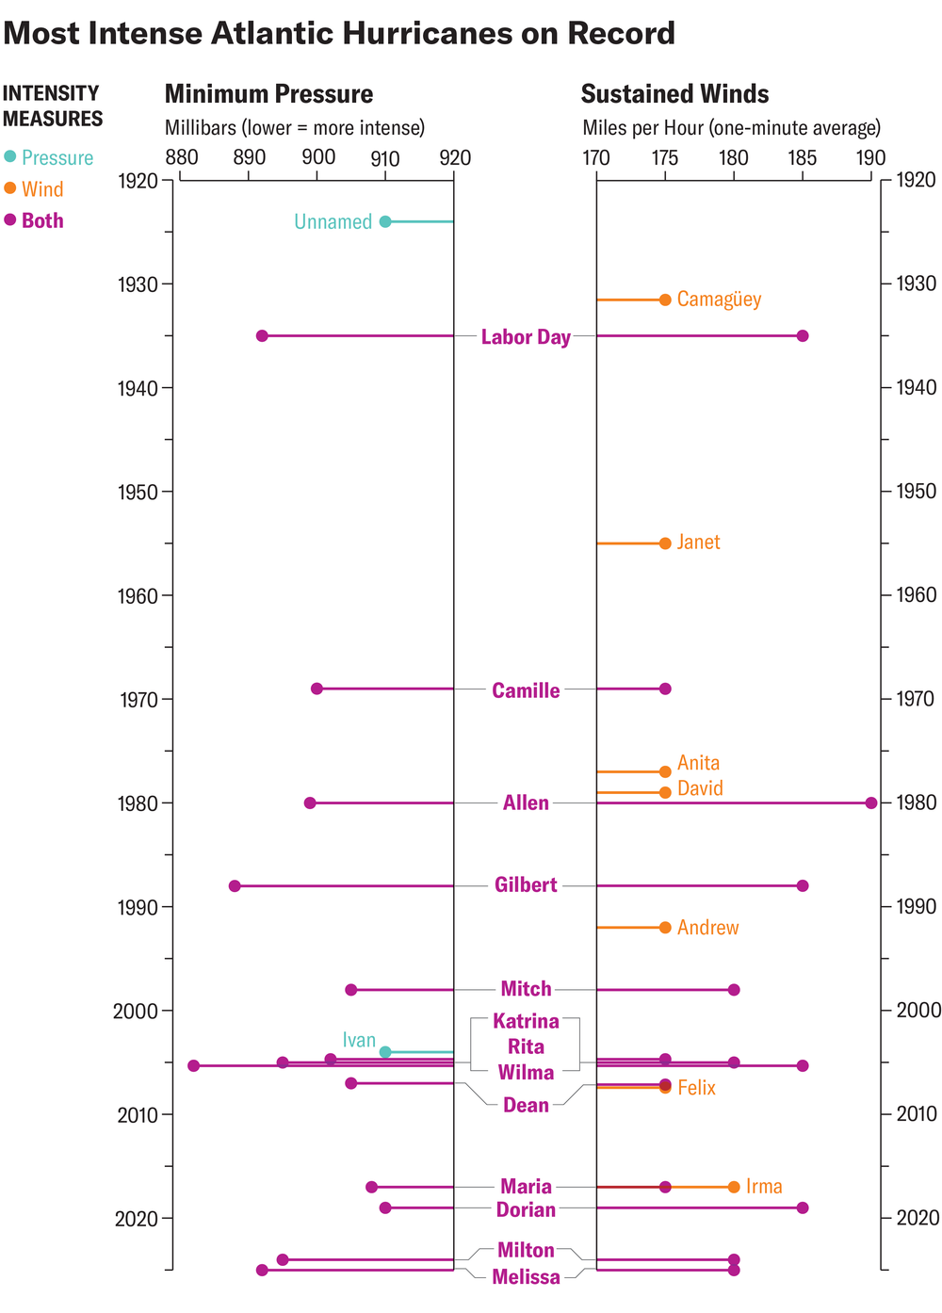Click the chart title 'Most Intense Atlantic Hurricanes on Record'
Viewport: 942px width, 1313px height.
point(339,34)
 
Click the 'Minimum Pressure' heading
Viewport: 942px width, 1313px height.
point(268,94)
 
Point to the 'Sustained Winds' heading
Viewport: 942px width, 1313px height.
point(674,94)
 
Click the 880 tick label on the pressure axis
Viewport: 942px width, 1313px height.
point(181,157)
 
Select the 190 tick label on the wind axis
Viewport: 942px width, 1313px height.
point(870,157)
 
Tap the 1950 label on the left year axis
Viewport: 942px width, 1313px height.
point(138,491)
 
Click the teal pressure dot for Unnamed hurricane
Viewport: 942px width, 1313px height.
point(385,221)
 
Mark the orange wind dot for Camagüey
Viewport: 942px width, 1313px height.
point(665,300)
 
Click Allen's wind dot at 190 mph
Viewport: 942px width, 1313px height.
point(871,802)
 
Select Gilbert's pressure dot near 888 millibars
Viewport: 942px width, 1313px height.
point(235,885)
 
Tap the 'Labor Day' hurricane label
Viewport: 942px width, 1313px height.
point(526,337)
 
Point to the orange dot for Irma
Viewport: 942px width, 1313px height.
point(734,1187)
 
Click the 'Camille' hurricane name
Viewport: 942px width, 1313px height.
point(526,690)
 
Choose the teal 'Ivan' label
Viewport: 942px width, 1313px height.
point(359,1040)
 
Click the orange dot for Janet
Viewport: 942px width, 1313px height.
point(665,543)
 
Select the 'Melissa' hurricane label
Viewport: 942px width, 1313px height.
point(526,1277)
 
